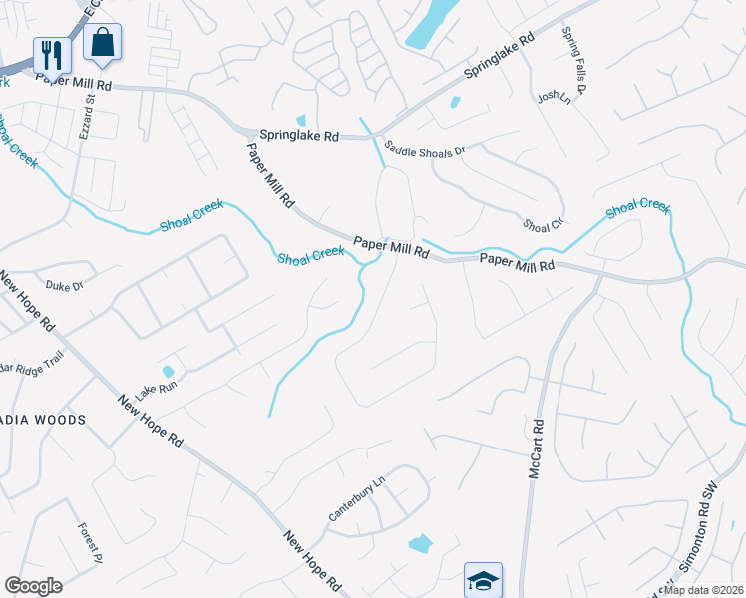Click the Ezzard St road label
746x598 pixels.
coord(87,116)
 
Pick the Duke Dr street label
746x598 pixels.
coord(64,285)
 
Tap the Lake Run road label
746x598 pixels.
coord(155,386)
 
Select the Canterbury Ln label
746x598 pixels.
coord(356,501)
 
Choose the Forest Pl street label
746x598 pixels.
coord(91,540)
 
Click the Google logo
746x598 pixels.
coord(33,586)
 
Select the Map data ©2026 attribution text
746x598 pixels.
coord(704,590)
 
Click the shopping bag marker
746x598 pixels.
coord(102,43)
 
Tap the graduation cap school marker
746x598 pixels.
coord(483,580)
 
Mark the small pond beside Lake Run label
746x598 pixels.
coord(168,372)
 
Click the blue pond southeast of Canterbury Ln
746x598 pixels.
coord(421,544)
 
